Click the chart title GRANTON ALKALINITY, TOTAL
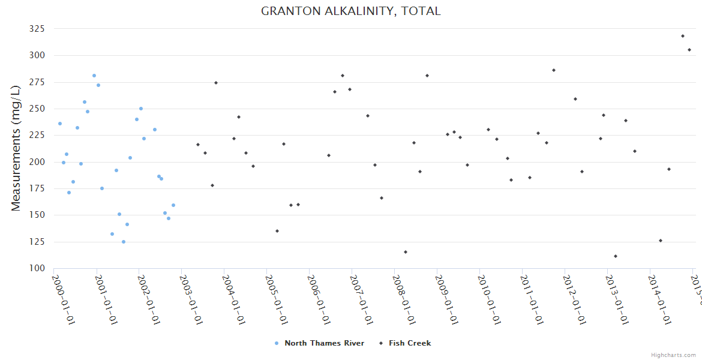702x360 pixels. point(350,11)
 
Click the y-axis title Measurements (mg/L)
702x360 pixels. point(16,148)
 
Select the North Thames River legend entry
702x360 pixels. point(323,343)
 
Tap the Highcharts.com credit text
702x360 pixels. point(674,355)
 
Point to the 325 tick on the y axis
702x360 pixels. point(38,29)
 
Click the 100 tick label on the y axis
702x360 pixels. point(38,268)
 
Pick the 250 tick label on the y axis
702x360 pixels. point(38,109)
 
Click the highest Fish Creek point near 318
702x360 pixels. point(683,36)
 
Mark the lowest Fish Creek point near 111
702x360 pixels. point(616,256)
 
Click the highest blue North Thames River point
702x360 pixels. point(94,76)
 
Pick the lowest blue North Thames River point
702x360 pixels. point(124,242)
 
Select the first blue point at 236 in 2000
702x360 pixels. point(60,124)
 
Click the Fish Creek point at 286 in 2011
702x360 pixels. point(554,70)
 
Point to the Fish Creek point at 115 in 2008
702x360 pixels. point(406,252)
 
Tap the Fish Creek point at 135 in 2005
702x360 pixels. point(277,231)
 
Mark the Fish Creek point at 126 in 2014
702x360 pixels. point(661,241)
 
